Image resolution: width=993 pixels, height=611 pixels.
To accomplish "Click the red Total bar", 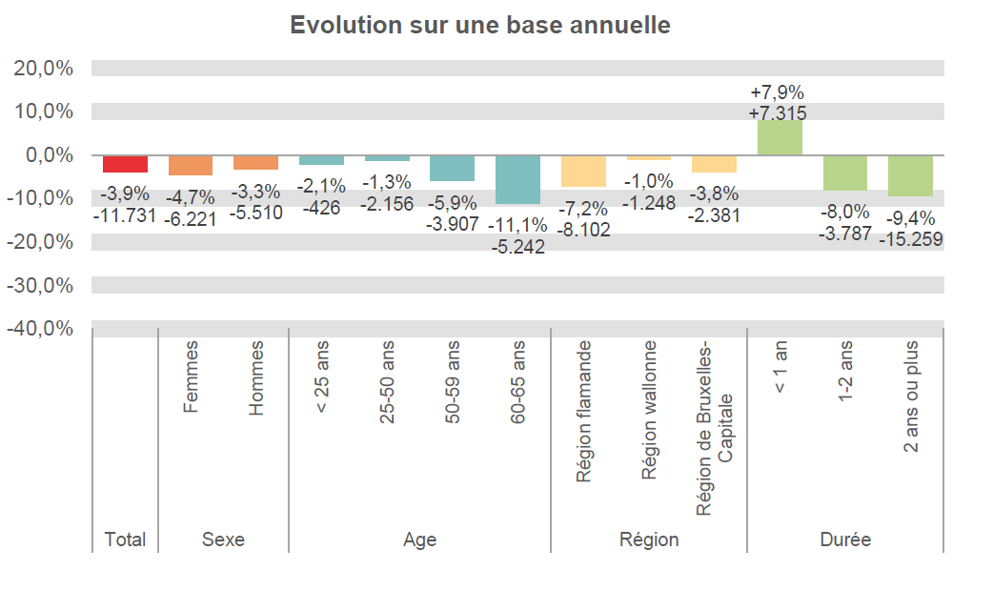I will tap(125, 164).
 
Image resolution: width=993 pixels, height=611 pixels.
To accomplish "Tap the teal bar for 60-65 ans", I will tap(517, 179).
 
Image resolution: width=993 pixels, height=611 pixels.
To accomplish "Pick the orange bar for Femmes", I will tap(191, 166).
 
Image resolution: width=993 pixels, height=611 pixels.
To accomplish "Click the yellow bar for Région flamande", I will tap(583, 171).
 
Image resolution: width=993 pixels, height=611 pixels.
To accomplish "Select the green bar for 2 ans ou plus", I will tap(910, 175).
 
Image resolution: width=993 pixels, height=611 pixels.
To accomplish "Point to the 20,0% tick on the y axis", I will tap(44, 69).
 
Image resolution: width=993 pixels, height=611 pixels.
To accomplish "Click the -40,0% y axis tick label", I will tap(42, 329).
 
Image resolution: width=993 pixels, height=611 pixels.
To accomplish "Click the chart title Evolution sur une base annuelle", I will tap(480, 25).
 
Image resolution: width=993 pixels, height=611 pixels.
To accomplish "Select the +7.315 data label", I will tap(778, 113).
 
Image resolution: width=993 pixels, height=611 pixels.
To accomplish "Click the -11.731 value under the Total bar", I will tap(125, 215).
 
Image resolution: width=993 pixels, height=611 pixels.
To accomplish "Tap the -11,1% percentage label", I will tap(517, 226).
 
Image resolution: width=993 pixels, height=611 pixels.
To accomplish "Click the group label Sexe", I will tap(223, 540).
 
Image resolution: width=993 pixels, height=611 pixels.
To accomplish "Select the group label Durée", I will tap(845, 540).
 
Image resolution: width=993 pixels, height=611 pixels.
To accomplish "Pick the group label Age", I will tap(419, 540).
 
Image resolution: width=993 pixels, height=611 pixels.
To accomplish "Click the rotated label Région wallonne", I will tap(649, 410).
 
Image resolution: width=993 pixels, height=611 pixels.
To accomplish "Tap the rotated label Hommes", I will tap(256, 377).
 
